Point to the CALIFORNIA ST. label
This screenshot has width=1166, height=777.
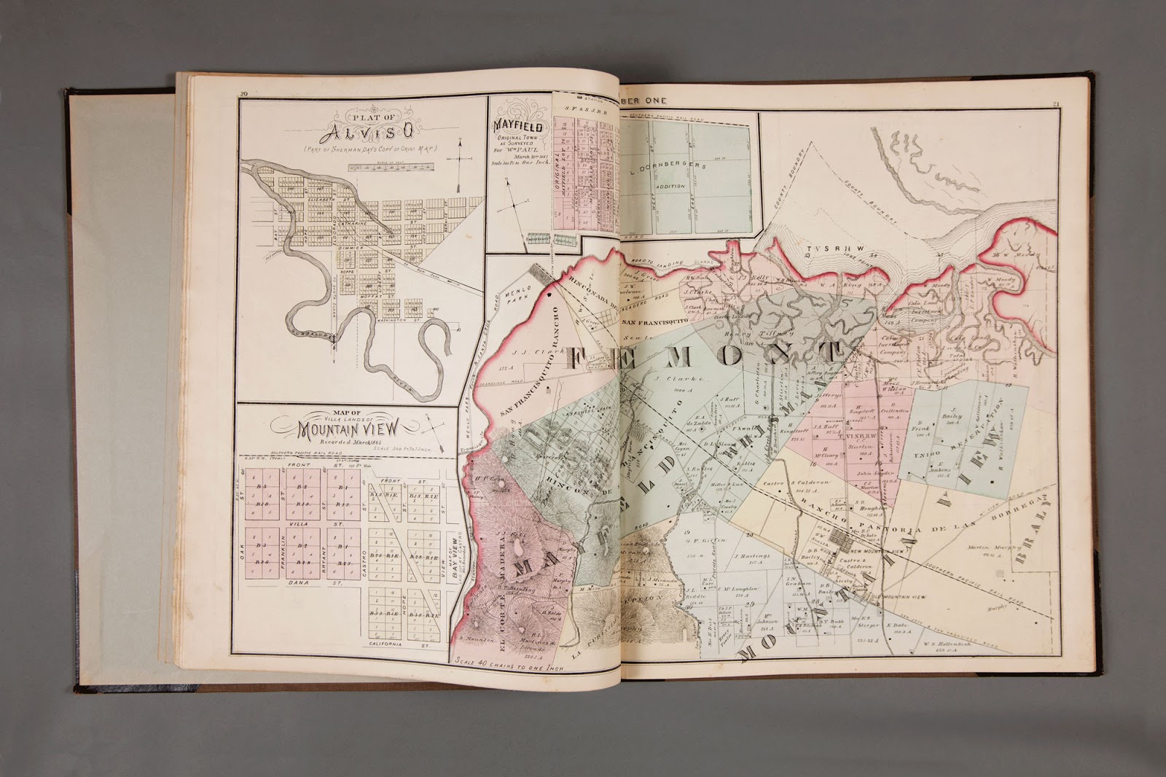pos(394,644)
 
